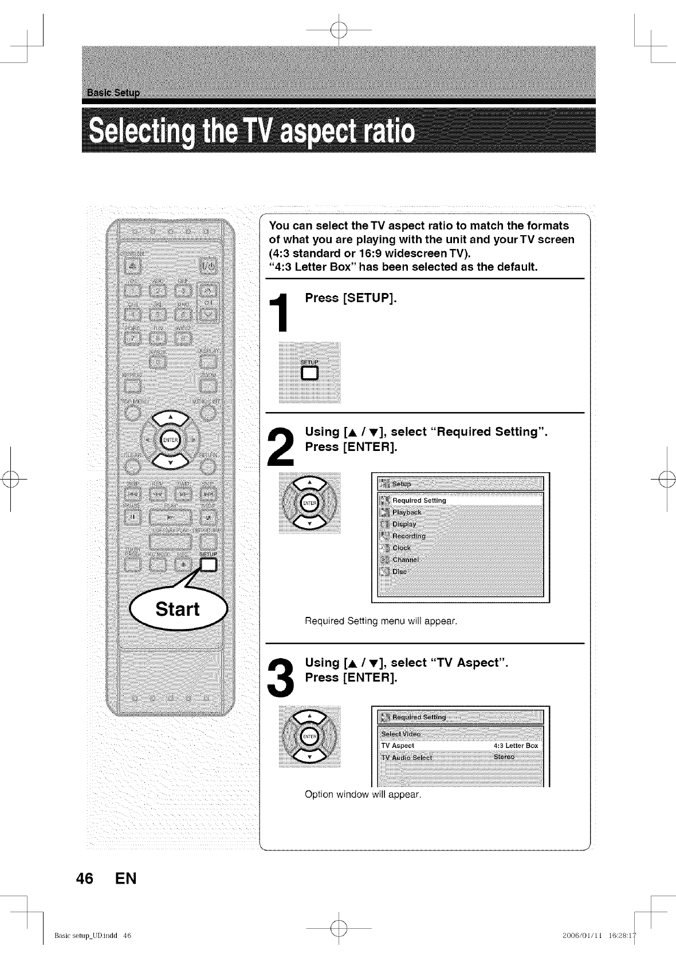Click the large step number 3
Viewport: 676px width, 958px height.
tap(281, 676)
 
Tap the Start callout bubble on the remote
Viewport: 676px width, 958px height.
tap(178, 608)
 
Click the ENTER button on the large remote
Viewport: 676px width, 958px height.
tap(170, 439)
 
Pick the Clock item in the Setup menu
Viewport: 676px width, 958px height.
tap(401, 548)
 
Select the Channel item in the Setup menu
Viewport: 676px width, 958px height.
tap(405, 560)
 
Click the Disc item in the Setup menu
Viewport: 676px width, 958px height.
tap(399, 572)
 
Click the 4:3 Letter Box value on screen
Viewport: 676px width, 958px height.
tap(516, 746)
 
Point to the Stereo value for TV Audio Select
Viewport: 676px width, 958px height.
tap(504, 757)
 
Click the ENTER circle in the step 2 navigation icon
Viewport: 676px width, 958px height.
tap(309, 502)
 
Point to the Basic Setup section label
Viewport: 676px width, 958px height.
tap(114, 93)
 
